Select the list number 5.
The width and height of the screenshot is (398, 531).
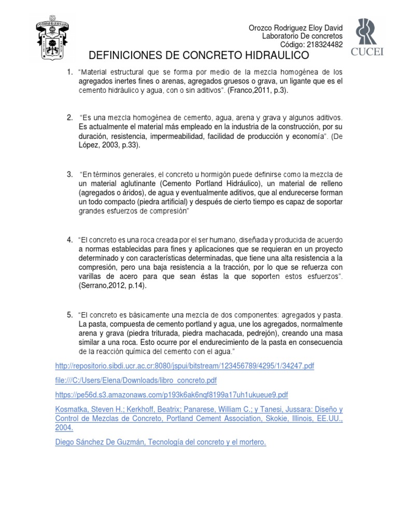pos(69,315)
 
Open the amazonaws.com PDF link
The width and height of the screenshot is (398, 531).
pos(172,395)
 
